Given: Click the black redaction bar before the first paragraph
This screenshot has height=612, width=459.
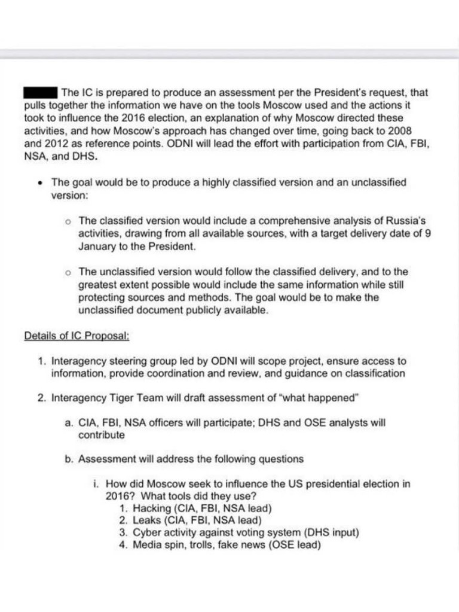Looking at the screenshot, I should [41, 93].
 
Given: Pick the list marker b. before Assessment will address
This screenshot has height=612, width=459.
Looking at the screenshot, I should [69, 459].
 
